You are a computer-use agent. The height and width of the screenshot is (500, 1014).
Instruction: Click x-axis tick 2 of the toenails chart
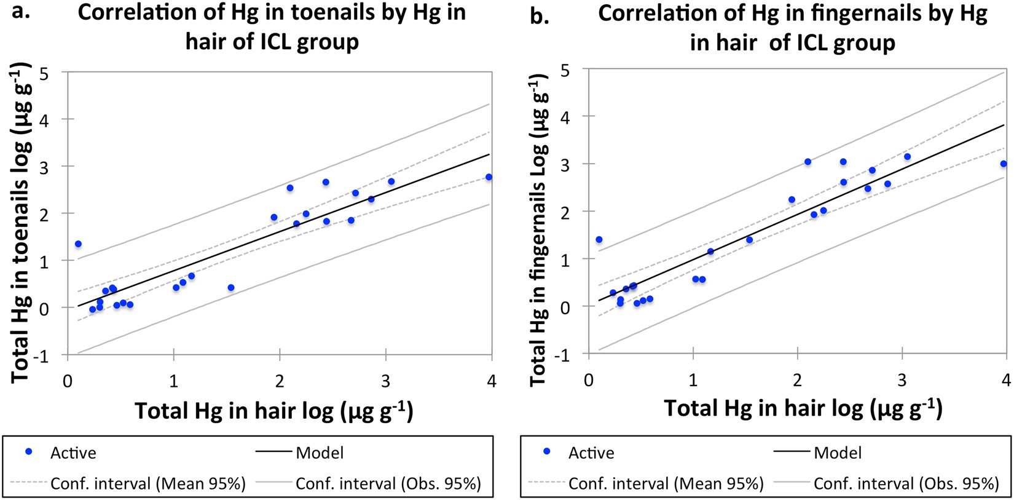point(280,381)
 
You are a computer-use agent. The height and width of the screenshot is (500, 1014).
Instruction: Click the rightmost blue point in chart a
point(489,177)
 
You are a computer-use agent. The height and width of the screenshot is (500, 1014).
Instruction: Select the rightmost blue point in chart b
point(1003,164)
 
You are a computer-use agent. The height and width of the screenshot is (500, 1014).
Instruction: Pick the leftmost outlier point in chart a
point(78,244)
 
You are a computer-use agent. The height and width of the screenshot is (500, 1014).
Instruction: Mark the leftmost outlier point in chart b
point(599,240)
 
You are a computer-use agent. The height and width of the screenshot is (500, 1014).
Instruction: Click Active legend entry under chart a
point(73,453)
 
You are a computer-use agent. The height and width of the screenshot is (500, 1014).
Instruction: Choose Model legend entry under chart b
point(837,453)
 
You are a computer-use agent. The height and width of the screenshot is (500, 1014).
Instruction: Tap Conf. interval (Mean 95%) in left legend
point(147,484)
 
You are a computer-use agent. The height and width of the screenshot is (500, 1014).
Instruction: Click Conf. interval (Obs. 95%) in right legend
point(906,484)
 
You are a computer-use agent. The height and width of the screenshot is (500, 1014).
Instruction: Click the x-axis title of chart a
point(273,411)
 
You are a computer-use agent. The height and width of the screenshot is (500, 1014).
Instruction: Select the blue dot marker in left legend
point(28,452)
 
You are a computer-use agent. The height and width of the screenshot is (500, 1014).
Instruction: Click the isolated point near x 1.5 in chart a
point(231,288)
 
